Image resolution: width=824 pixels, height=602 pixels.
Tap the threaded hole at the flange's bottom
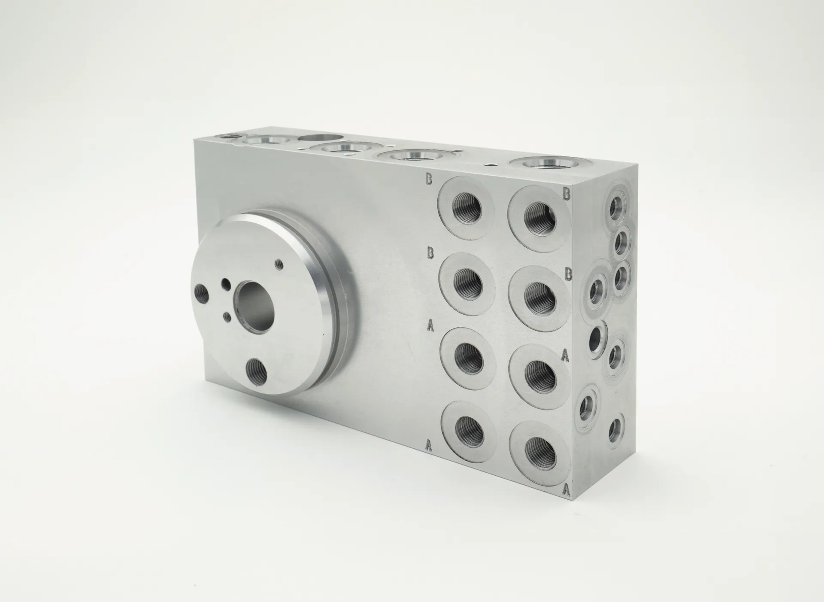click(x=257, y=372)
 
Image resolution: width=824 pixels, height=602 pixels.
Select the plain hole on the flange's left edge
click(x=201, y=294)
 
